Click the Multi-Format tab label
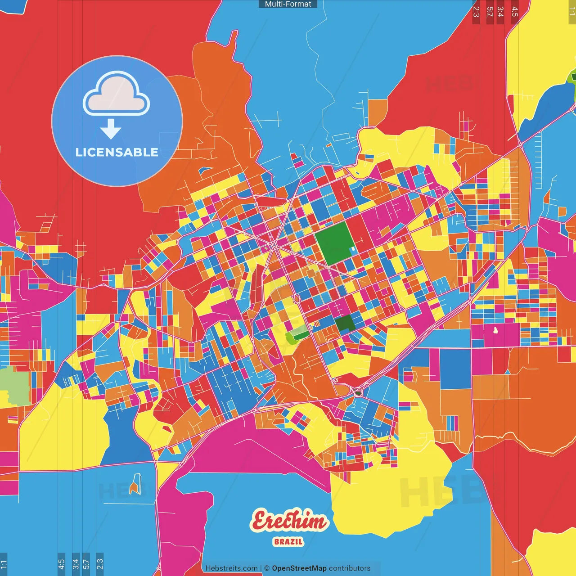pyautogui.click(x=288, y=4)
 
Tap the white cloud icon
pyautogui.click(x=116, y=94)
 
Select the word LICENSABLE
pyautogui.click(x=117, y=153)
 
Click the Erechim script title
pyautogui.click(x=289, y=521)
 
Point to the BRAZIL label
pyautogui.click(x=288, y=542)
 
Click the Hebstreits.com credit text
pyautogui.click(x=231, y=568)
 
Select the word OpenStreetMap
pyautogui.click(x=299, y=568)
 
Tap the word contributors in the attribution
pyautogui.click(x=350, y=568)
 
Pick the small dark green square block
pyautogui.click(x=345, y=323)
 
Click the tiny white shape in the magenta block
pyautogui.click(x=495, y=331)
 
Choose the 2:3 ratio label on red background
pyautogui.click(x=476, y=12)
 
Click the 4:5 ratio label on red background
pyautogui.click(x=514, y=12)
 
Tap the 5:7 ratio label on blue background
pyautogui.click(x=86, y=563)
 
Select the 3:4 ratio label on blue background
pyautogui.click(x=75, y=563)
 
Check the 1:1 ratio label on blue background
pyautogui.click(x=4, y=563)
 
